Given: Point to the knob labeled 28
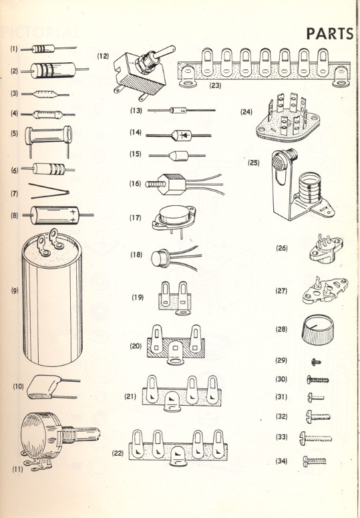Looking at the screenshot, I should (319, 330).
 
